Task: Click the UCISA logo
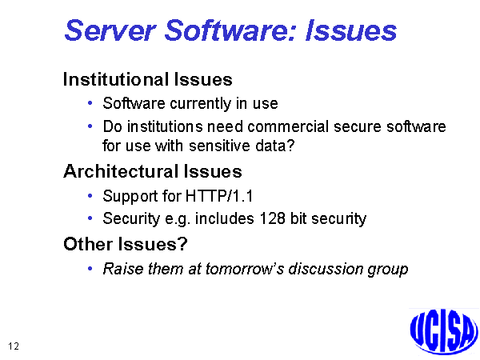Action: click(443, 331)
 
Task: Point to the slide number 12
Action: click(14, 346)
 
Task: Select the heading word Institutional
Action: click(116, 79)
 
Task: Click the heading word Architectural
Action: click(121, 171)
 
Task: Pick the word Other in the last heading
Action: click(88, 244)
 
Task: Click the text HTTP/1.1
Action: click(219, 196)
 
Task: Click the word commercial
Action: click(288, 126)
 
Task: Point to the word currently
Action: click(200, 103)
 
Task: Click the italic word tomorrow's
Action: click(245, 269)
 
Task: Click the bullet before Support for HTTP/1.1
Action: click(90, 196)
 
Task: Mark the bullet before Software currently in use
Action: click(90, 103)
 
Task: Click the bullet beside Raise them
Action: click(90, 269)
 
